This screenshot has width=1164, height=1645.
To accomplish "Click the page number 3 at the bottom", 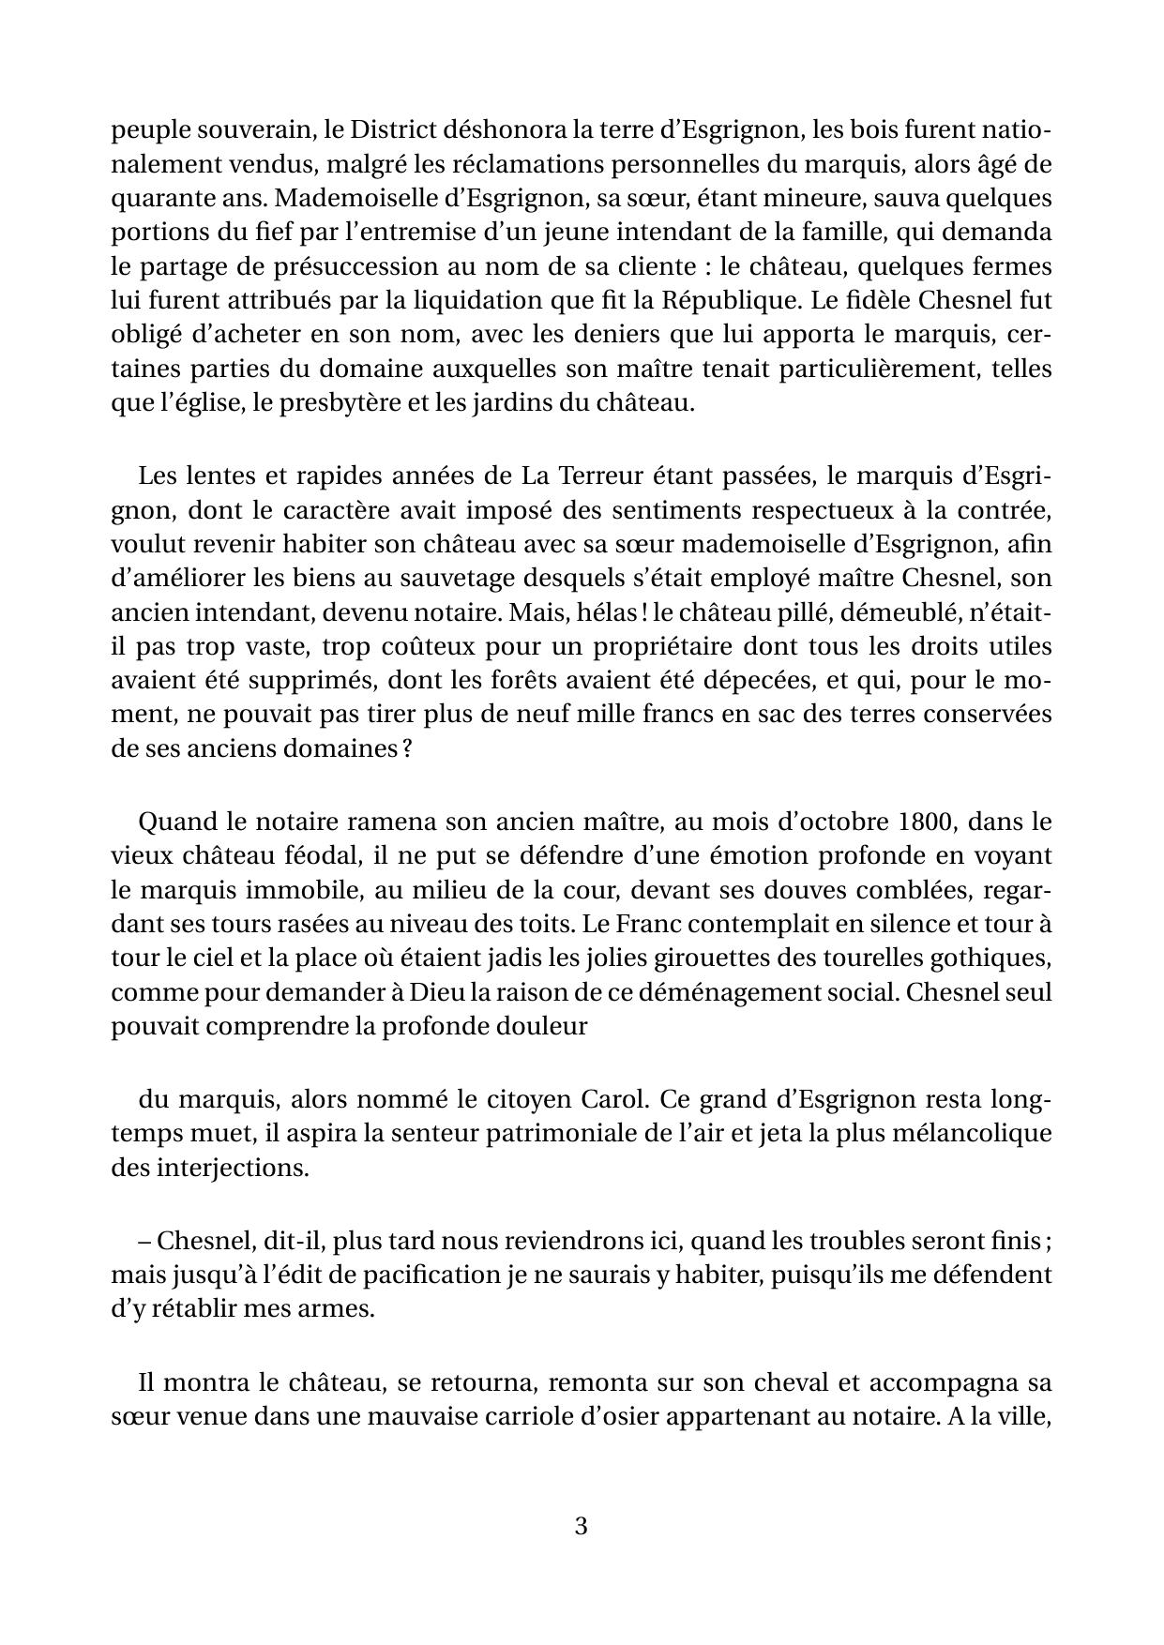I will click(581, 1526).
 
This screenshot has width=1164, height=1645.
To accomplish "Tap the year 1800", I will click(925, 822).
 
